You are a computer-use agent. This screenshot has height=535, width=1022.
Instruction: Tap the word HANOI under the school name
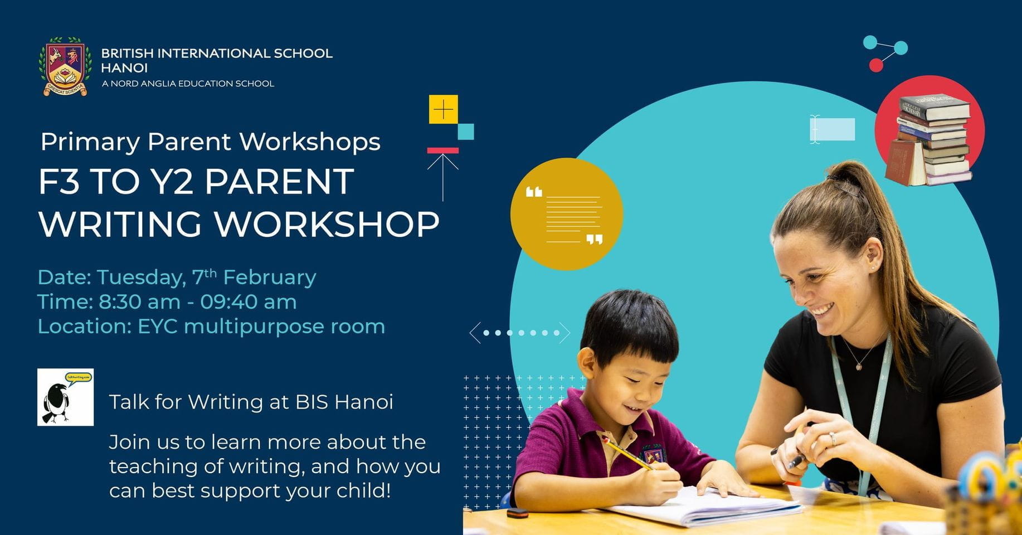coord(124,68)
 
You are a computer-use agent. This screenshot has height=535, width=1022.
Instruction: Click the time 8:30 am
coord(139,302)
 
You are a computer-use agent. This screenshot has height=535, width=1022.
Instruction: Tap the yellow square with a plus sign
coord(443,109)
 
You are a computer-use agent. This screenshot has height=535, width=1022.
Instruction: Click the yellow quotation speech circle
coord(566,215)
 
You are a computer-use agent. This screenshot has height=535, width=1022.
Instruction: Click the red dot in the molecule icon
coord(876,66)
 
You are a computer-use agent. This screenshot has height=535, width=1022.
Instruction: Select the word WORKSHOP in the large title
coord(327,224)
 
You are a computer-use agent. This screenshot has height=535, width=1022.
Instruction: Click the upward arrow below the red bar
coord(443,176)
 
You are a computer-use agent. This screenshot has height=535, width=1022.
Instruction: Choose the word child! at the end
coord(364,491)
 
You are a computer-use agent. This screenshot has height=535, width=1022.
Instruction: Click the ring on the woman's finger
coord(833,439)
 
